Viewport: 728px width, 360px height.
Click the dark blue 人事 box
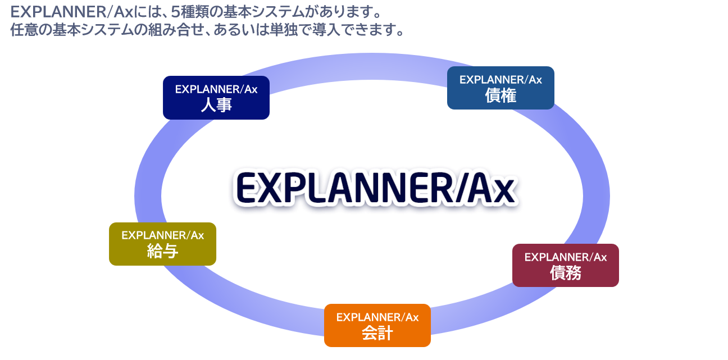[216, 98]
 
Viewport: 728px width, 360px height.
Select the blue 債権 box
[501, 88]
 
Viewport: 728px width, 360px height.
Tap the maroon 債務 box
[566, 265]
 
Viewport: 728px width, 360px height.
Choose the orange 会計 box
[377, 325]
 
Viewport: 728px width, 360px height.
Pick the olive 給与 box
[162, 244]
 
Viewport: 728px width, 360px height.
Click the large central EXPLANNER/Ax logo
[376, 188]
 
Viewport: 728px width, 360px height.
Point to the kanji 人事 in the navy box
[216, 105]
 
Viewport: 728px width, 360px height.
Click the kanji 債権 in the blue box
[501, 95]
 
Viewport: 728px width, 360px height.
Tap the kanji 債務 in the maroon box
[566, 273]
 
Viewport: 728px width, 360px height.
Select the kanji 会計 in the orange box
[377, 333]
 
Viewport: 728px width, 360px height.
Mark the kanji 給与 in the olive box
[162, 251]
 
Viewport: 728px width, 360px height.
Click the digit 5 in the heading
[175, 12]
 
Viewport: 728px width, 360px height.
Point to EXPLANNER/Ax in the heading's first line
[72, 12]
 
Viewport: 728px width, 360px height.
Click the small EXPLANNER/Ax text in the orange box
[377, 317]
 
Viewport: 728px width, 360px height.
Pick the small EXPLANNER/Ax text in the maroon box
[566, 257]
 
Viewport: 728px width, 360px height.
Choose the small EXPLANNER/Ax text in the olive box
[162, 235]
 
